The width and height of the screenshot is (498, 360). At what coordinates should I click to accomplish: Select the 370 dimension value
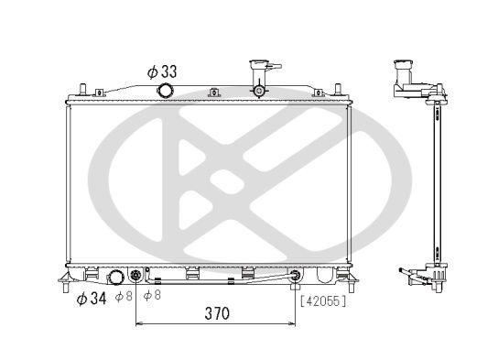(x=216, y=312)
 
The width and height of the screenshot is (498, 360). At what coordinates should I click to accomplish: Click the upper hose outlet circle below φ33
(x=166, y=90)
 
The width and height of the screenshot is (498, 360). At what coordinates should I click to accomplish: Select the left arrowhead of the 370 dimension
(x=139, y=324)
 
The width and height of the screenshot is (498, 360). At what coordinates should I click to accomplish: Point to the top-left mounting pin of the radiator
(x=82, y=90)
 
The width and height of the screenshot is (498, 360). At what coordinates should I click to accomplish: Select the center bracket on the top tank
(x=213, y=92)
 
